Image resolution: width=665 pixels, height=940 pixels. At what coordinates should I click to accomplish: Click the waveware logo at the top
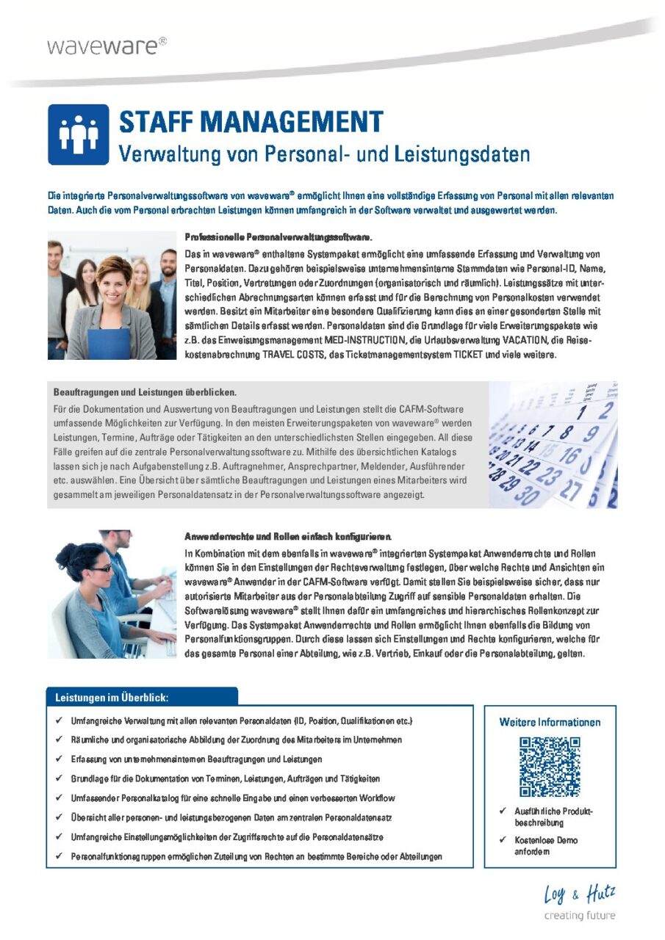[107, 46]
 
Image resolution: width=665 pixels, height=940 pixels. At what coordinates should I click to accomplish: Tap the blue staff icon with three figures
[79, 134]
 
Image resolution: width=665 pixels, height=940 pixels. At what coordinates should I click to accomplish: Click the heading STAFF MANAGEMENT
[251, 121]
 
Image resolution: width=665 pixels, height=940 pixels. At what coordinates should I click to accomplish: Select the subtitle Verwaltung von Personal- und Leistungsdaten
[324, 155]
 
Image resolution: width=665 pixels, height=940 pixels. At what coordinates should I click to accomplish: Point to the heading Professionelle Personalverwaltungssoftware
[278, 237]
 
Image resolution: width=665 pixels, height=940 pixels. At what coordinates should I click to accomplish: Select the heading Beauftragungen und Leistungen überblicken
[145, 392]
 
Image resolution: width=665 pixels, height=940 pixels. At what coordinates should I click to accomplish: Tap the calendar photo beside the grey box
[553, 445]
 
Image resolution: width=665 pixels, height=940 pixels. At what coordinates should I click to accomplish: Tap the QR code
[550, 767]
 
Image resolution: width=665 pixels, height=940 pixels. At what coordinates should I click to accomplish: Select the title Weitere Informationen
[550, 722]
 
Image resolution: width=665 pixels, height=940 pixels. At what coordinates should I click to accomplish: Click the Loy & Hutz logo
[580, 895]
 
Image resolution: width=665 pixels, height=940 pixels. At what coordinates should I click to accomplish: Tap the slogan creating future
[579, 915]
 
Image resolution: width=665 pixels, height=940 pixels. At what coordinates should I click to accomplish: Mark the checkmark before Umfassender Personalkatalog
[58, 798]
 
